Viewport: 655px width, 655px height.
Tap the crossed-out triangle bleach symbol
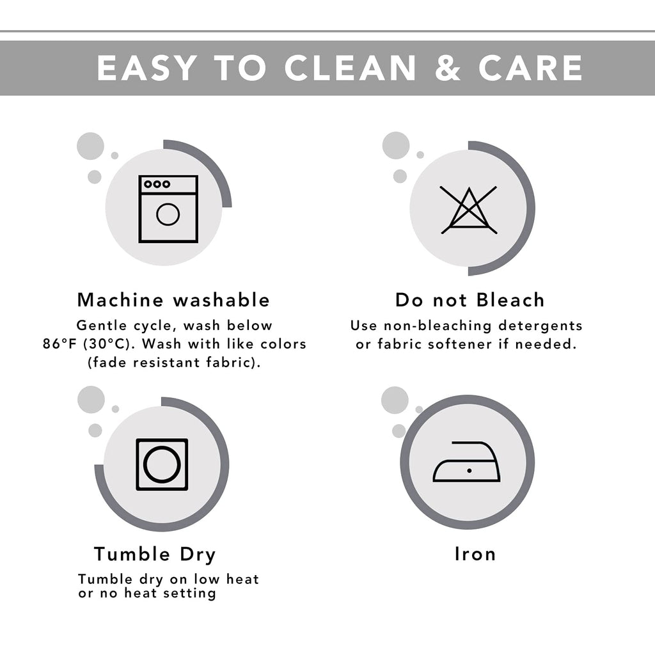469,210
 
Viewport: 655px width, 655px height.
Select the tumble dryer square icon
162,464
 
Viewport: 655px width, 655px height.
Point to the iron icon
466,462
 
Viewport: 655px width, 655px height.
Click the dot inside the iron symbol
470,471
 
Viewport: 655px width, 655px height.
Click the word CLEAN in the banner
350,68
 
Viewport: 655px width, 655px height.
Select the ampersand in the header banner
447,68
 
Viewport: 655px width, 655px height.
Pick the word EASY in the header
146,68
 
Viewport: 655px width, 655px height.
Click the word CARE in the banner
530,68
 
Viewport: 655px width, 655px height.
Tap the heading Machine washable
173,300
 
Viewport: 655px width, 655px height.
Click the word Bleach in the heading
510,300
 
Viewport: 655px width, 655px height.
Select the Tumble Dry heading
155,555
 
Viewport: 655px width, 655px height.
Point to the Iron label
475,554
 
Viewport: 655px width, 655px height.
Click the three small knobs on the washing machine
157,184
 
